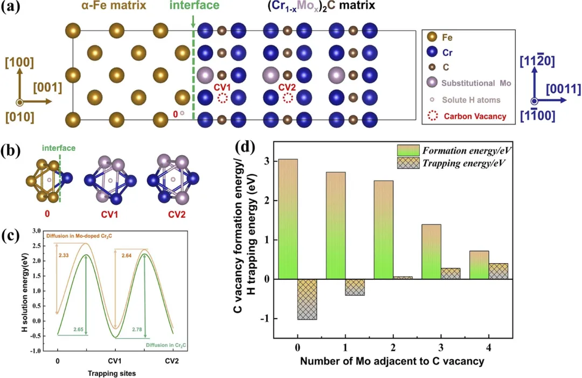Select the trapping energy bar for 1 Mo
(355, 287)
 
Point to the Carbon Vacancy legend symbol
(431, 116)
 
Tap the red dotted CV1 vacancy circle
(222, 98)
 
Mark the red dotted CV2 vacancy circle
(288, 98)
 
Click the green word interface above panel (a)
(194, 6)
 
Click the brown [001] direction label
(48, 88)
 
